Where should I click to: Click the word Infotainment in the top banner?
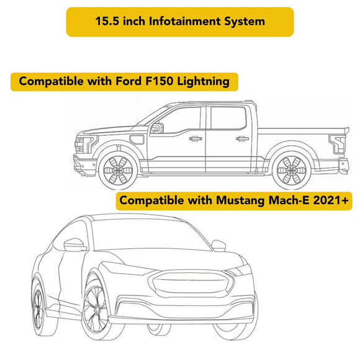tap(184, 21)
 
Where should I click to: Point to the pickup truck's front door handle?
tap(195, 138)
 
